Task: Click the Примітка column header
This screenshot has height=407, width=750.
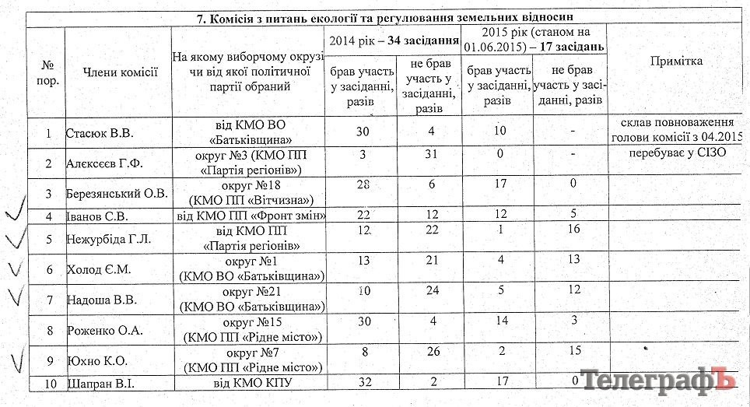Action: (678, 61)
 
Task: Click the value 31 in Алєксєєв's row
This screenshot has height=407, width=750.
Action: (429, 156)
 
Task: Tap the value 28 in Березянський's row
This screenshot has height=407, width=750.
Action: (363, 184)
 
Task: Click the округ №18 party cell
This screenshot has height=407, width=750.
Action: (247, 192)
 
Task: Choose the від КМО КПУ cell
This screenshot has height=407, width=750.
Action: (247, 384)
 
